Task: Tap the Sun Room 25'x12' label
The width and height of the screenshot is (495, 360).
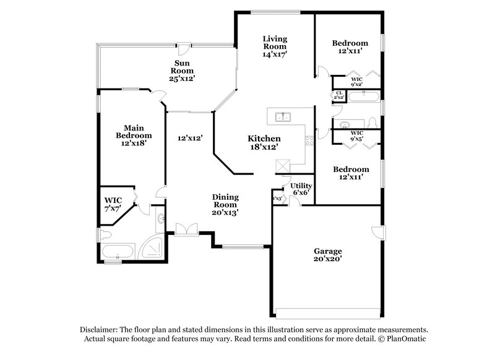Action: (x=181, y=71)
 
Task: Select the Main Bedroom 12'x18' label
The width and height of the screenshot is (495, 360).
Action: (x=134, y=134)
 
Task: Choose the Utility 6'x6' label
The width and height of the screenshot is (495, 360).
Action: (x=301, y=189)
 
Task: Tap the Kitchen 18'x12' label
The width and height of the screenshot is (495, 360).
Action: (x=264, y=143)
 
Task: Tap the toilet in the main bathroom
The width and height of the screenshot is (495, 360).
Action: (x=105, y=234)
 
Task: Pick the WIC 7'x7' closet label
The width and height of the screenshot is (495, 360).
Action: (x=113, y=204)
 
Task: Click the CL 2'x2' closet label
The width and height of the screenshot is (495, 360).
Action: (x=338, y=96)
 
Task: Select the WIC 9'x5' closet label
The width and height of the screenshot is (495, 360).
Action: (x=357, y=135)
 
